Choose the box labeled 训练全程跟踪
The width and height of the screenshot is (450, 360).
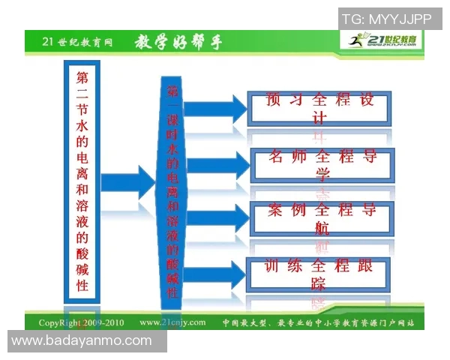[x=319, y=274]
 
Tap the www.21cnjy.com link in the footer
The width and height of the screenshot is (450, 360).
[x=172, y=323]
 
